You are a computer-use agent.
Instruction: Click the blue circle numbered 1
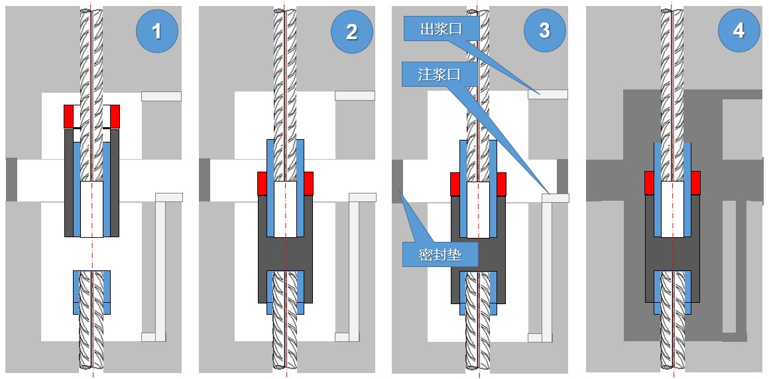coord(156,30)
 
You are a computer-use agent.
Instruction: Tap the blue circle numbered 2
coord(351,31)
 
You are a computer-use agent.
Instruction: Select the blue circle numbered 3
coord(544,30)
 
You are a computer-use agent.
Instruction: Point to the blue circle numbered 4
coord(738,30)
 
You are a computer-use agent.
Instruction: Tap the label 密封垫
coord(440,254)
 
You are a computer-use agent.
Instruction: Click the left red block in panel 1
coord(69,117)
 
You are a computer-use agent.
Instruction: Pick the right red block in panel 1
coord(115,117)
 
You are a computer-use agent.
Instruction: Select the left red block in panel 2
coord(262,183)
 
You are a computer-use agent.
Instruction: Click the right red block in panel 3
coord(501,184)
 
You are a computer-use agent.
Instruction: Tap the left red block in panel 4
coord(649,183)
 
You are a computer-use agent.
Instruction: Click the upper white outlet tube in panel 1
coord(161,96)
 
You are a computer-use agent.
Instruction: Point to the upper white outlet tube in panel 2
coord(355,96)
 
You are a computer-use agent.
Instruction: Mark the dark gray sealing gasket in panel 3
coord(397,180)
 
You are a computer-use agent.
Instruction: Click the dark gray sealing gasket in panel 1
coord(11,180)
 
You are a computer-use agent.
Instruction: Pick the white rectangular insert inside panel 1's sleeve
coord(91,209)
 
